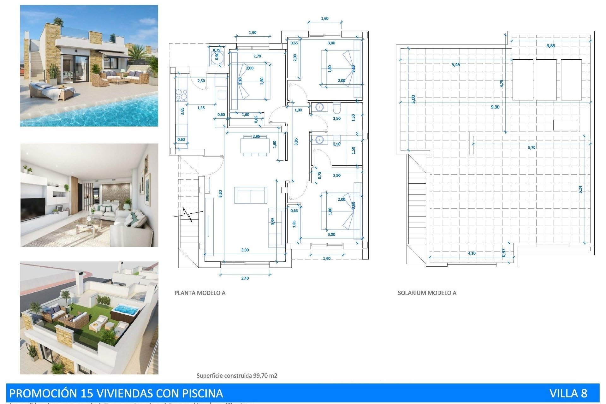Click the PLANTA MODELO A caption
(200, 293)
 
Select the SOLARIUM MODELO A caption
(427, 293)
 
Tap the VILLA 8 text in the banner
(568, 393)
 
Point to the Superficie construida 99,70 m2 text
(237, 376)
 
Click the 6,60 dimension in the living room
(221, 193)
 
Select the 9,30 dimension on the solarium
(495, 107)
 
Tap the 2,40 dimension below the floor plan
(245, 278)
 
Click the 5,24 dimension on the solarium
(580, 189)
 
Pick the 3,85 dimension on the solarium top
(551, 46)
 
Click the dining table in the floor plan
(255, 146)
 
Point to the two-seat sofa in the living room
(251, 195)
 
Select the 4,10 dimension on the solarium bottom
(472, 253)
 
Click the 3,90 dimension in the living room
(245, 250)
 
